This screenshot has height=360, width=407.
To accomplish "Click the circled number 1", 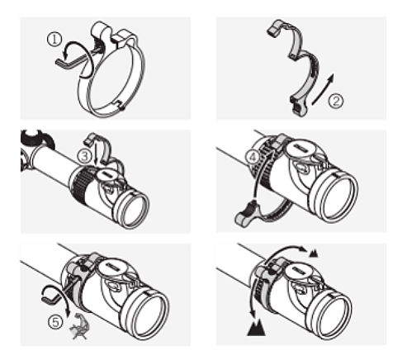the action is click(x=54, y=40).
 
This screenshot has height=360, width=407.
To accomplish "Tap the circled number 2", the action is click(x=336, y=101).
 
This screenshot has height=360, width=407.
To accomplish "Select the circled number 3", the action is click(x=84, y=156).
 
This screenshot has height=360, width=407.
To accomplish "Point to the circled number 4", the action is click(x=253, y=157).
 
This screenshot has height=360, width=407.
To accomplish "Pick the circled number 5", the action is click(x=55, y=322).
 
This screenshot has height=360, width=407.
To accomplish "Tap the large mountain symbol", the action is click(x=256, y=328).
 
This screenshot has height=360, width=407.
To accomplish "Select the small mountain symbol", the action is click(x=314, y=253).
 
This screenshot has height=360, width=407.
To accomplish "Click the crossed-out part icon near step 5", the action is click(x=79, y=327).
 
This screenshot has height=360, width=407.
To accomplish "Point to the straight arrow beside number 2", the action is click(x=323, y=89).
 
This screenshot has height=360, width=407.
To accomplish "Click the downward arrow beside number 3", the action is click(x=96, y=152).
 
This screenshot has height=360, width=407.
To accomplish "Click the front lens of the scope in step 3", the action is click(x=132, y=210).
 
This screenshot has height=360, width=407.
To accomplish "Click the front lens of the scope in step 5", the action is click(x=149, y=316).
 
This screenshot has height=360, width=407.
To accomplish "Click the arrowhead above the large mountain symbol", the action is click(x=253, y=315).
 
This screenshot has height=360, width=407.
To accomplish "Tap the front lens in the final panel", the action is click(x=334, y=316).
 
